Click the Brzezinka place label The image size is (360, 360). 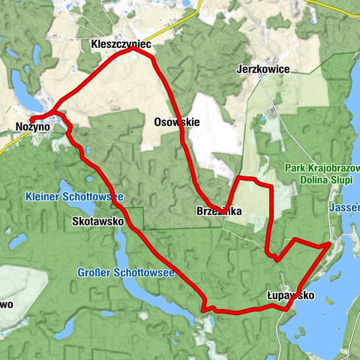219,213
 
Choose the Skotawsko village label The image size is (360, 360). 94,222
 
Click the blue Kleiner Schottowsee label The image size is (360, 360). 73,196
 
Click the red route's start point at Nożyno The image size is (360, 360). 32,120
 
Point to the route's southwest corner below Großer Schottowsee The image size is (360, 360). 203,307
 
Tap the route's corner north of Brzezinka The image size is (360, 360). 240,179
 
